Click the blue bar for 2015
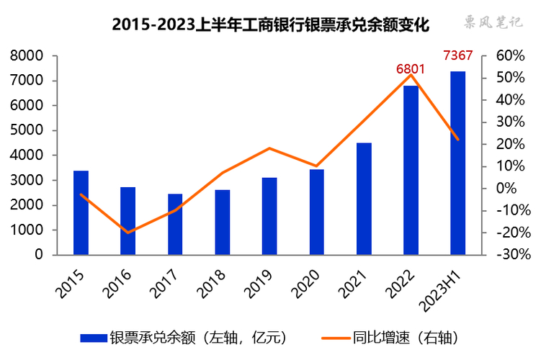click(81, 213)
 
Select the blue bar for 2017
click(175, 224)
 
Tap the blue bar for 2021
click(364, 199)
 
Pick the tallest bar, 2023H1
click(457, 163)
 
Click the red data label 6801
click(410, 69)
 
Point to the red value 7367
click(457, 56)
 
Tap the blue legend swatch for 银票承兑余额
click(92, 337)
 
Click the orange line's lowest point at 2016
click(128, 233)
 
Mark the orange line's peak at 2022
click(411, 75)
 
